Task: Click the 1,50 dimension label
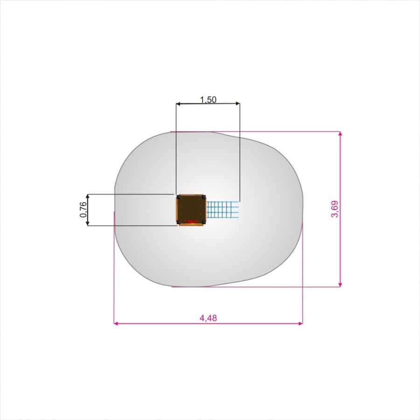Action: click(x=208, y=100)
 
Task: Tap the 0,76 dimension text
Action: click(x=84, y=210)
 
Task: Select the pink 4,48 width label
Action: click(x=208, y=318)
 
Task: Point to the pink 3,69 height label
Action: click(x=335, y=209)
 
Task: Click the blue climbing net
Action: click(x=223, y=209)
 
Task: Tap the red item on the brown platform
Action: click(x=191, y=222)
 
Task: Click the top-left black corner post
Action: click(x=179, y=197)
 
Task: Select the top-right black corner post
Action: click(x=204, y=197)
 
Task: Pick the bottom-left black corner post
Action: click(x=179, y=222)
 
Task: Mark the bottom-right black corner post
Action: click(x=204, y=222)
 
